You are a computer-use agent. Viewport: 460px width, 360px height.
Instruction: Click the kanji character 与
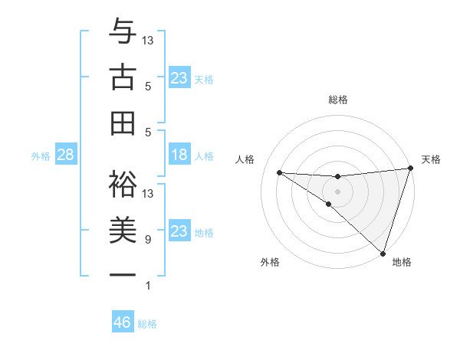[123, 32]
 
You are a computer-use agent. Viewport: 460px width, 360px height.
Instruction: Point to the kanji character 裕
[123, 182]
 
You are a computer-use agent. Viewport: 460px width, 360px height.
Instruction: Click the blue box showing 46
[123, 322]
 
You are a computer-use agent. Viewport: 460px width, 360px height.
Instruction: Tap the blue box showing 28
[65, 155]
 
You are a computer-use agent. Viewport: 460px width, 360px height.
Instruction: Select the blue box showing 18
[179, 155]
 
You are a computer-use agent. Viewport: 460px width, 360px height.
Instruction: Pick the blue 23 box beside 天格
[179, 78]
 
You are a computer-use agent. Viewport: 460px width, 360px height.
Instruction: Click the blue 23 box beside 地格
[179, 231]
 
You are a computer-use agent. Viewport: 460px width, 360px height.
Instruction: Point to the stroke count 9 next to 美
[147, 240]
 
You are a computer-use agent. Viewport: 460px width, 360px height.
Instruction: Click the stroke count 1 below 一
[147, 286]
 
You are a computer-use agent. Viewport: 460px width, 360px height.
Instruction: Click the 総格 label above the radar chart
[337, 100]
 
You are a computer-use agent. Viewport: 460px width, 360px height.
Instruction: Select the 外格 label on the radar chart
[270, 263]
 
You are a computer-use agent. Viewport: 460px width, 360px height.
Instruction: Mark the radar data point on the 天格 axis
[410, 169]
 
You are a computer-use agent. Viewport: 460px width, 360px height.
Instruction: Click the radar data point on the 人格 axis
[279, 172]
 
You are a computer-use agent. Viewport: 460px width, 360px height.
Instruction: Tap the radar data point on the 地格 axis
[382, 253]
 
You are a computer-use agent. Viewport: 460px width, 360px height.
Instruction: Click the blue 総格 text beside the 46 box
[147, 324]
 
